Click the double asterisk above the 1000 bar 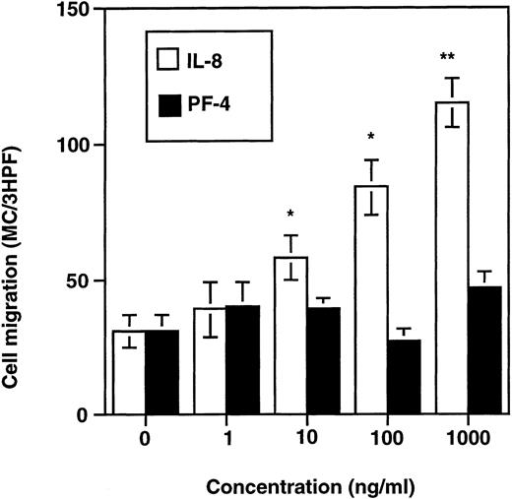pyautogui.click(x=452, y=59)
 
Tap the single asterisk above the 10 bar pyautogui.click(x=290, y=214)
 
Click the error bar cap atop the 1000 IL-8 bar pyautogui.click(x=452, y=79)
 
